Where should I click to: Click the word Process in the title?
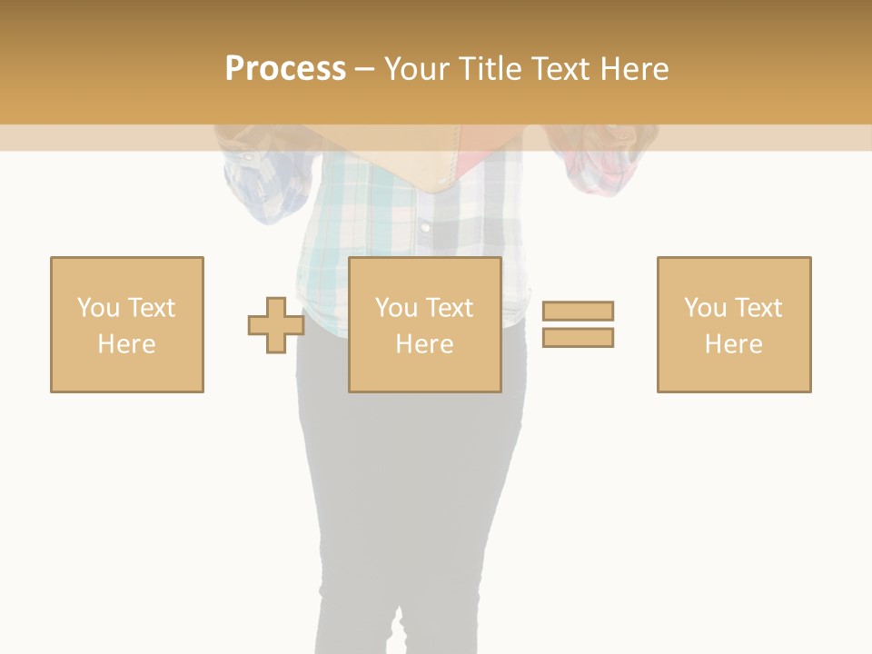[x=285, y=69]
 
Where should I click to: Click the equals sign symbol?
[x=578, y=324]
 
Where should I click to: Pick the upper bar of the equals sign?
[x=578, y=311]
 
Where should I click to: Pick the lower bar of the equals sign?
[x=578, y=337]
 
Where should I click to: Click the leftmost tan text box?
[x=127, y=324]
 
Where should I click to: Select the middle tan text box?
[x=424, y=324]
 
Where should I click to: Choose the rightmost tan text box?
[x=734, y=324]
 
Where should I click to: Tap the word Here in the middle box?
[x=424, y=343]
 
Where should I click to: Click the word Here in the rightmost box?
[x=734, y=343]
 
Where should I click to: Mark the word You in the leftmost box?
[x=98, y=308]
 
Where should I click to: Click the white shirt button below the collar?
[x=423, y=226]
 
